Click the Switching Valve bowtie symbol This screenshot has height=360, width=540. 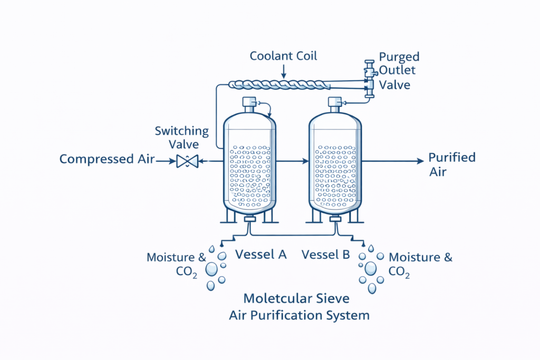[187, 161]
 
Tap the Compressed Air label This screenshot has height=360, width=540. [107, 159]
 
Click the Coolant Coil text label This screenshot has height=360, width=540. [283, 56]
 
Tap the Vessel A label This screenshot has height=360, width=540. [261, 254]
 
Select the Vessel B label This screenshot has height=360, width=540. [325, 255]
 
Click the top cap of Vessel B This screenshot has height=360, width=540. [335, 102]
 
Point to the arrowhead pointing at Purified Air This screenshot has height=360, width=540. [420, 161]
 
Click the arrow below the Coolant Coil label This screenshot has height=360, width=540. [283, 72]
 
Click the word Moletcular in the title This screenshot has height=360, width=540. [272, 299]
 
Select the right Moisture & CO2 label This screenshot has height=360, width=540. [420, 264]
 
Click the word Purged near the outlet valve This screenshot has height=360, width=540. [400, 56]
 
